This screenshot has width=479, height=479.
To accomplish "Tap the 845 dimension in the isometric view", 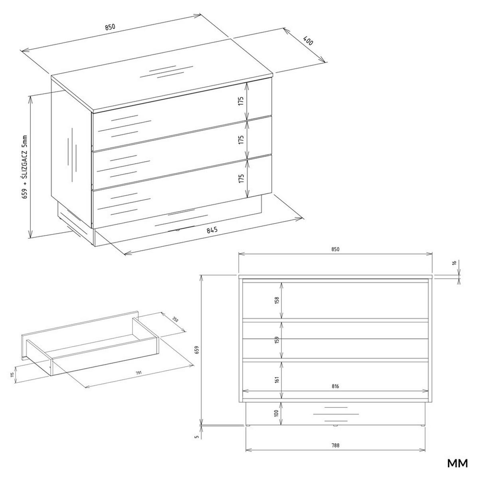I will (212, 230).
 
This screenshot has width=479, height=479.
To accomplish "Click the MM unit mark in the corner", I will (457, 464).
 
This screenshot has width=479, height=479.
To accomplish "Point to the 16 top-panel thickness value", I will (454, 263).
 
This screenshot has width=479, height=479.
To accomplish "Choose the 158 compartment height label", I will (277, 300).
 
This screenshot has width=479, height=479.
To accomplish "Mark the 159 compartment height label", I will (277, 340).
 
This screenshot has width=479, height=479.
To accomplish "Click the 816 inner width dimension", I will (335, 386).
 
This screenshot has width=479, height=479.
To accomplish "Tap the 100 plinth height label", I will (277, 413).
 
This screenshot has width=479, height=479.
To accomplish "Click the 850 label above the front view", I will (335, 249).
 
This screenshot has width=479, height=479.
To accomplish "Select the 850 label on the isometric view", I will (110, 27).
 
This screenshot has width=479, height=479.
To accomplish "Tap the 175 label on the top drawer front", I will (241, 101).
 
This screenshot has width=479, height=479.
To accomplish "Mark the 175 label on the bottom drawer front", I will (241, 178).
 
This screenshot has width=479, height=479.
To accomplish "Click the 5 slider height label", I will (196, 437).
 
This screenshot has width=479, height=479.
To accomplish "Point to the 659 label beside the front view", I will (196, 350).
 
